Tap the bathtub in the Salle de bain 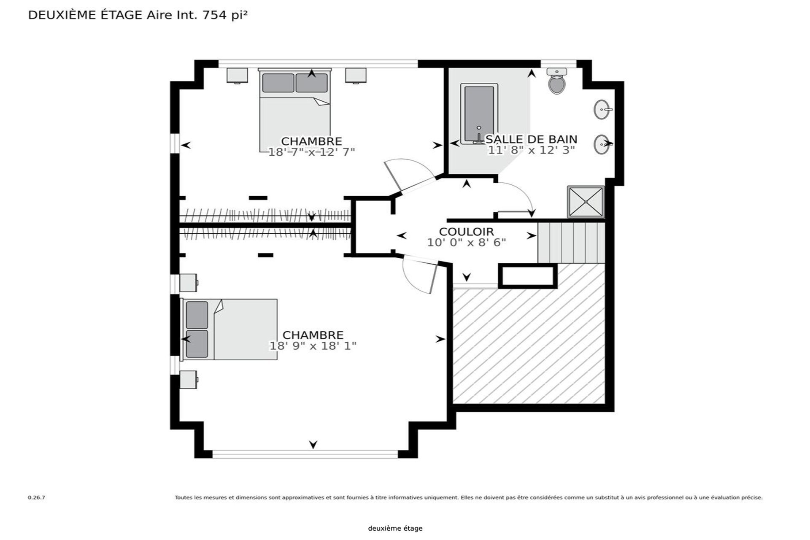click(x=479, y=114)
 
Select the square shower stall click(x=586, y=202)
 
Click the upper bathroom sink click(x=602, y=110)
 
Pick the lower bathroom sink click(x=602, y=144)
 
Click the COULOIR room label click(x=466, y=232)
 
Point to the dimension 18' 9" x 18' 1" click(x=313, y=346)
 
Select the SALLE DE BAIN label click(x=532, y=139)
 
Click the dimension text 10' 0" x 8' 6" click(x=466, y=243)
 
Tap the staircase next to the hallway click(x=571, y=243)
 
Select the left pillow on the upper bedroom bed click(x=278, y=83)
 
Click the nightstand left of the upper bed click(x=237, y=76)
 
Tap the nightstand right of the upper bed click(x=356, y=76)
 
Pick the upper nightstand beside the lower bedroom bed click(x=188, y=283)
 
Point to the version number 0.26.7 click(x=36, y=497)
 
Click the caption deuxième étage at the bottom click(x=395, y=528)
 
